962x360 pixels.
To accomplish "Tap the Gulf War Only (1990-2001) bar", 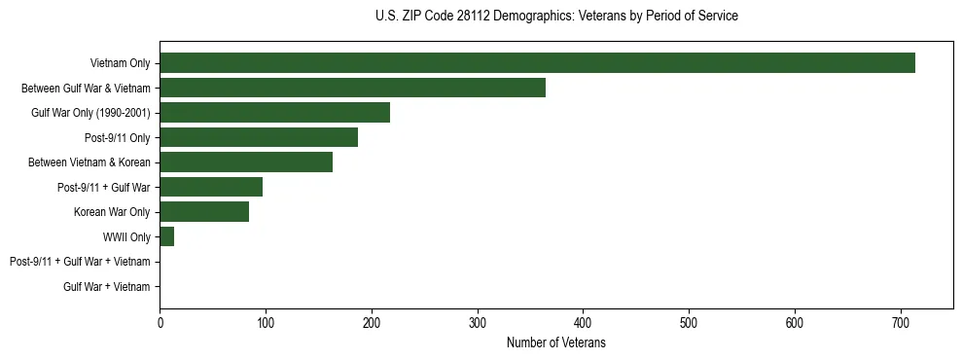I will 274,113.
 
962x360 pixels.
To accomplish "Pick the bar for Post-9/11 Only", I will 259,137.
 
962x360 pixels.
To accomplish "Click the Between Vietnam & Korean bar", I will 246,162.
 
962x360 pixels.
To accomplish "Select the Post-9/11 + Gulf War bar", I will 211,187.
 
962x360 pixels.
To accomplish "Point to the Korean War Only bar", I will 204,212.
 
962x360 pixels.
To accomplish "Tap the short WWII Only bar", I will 166,236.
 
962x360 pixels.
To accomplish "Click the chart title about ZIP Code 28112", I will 556,17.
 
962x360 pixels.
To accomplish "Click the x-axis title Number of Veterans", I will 556,343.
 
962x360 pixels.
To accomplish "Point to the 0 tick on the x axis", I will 160,322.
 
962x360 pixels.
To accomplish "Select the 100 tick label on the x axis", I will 266,322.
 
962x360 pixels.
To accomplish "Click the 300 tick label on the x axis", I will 477,322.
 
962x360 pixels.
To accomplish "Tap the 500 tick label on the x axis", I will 689,322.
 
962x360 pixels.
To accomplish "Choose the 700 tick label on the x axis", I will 901,322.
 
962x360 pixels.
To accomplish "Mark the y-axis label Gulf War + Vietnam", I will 107,286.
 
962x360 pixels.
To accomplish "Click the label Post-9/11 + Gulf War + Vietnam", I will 80,262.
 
